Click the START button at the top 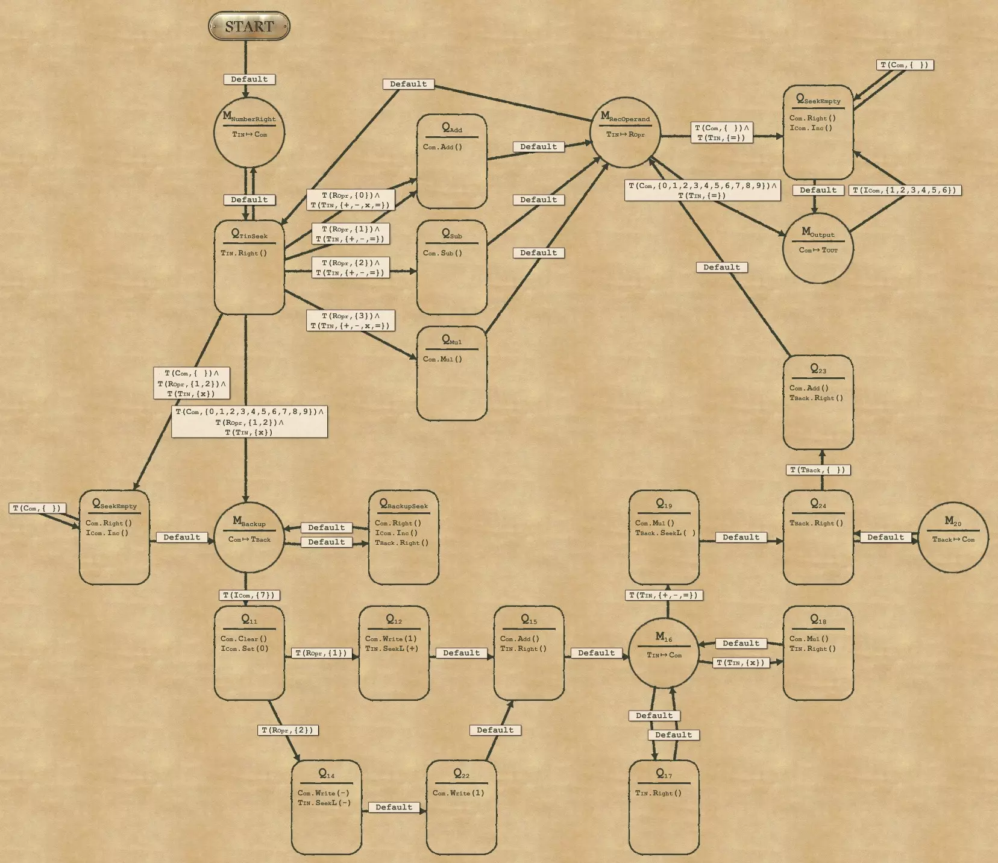(249, 27)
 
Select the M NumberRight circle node (249, 132)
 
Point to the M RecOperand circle (626, 132)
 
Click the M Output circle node (818, 248)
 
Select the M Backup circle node (249, 537)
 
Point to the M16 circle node (664, 653)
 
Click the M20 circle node (953, 537)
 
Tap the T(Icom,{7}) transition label (249, 595)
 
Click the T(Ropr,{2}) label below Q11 (287, 730)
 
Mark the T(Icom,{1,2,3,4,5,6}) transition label (905, 190)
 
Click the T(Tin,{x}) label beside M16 (741, 663)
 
